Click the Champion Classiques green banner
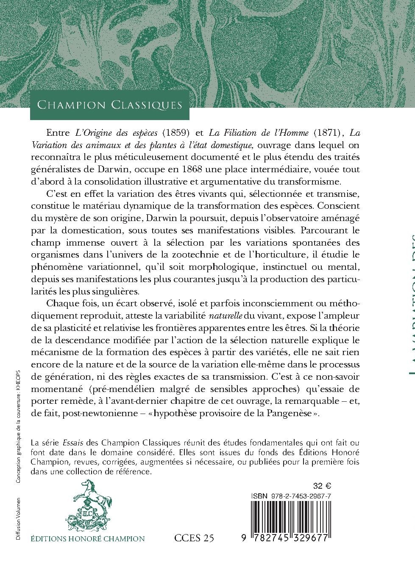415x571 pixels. pyautogui.click(x=109, y=105)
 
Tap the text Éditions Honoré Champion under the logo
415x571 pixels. pyautogui.click(x=88, y=539)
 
